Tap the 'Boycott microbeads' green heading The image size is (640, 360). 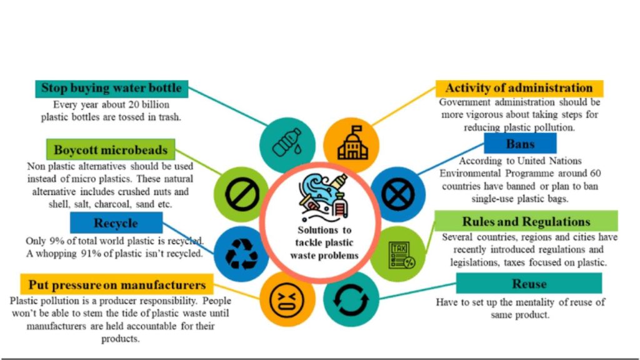click(x=111, y=150)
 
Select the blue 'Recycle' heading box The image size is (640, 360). click(x=116, y=222)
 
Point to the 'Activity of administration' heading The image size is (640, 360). click(x=519, y=88)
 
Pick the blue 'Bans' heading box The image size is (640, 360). click(x=520, y=144)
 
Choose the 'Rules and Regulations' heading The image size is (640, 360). click(x=526, y=221)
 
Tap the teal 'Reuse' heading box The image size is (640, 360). click(x=529, y=284)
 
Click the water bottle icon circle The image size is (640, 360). click(x=284, y=143)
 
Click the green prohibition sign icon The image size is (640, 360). click(x=238, y=196)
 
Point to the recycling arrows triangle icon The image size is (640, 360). click(x=237, y=252)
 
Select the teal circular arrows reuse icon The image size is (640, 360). click(x=348, y=299)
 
